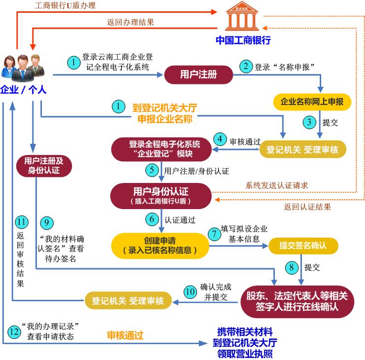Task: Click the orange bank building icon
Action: click(242, 16)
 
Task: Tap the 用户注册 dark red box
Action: click(199, 74)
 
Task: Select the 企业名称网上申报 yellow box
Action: click(312, 102)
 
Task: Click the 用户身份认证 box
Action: click(161, 196)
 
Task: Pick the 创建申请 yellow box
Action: click(160, 246)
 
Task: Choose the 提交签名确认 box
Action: click(303, 246)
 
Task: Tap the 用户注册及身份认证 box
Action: click(44, 166)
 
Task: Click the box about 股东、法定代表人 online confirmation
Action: click(297, 301)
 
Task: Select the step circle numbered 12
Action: click(14, 331)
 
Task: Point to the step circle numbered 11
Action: click(22, 221)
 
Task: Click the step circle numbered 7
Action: click(214, 234)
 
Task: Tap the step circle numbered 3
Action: click(309, 122)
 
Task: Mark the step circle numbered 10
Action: click(190, 292)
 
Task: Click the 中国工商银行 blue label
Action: click(243, 40)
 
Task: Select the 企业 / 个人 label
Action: click(23, 89)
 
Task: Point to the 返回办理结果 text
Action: click(131, 22)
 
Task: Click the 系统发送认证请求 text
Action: click(276, 185)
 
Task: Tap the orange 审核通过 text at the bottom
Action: click(125, 335)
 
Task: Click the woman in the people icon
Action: click(9, 67)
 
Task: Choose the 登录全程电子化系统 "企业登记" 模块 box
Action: click(161, 149)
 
